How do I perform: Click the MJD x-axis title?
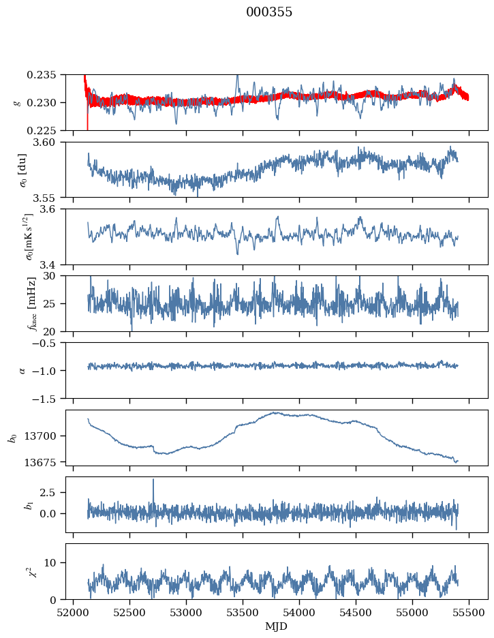click(277, 626)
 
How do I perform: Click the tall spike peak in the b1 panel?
click(153, 479)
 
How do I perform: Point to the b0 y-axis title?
click(12, 438)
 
